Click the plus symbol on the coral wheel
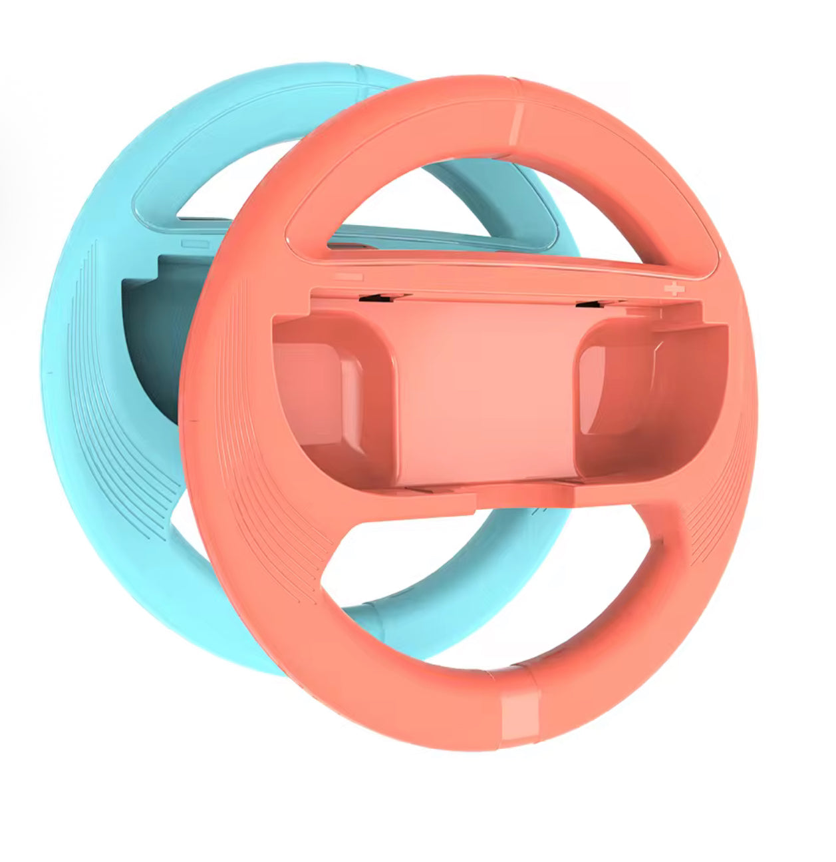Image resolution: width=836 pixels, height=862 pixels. click(x=675, y=289)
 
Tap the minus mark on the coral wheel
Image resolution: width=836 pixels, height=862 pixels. click(x=348, y=276)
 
